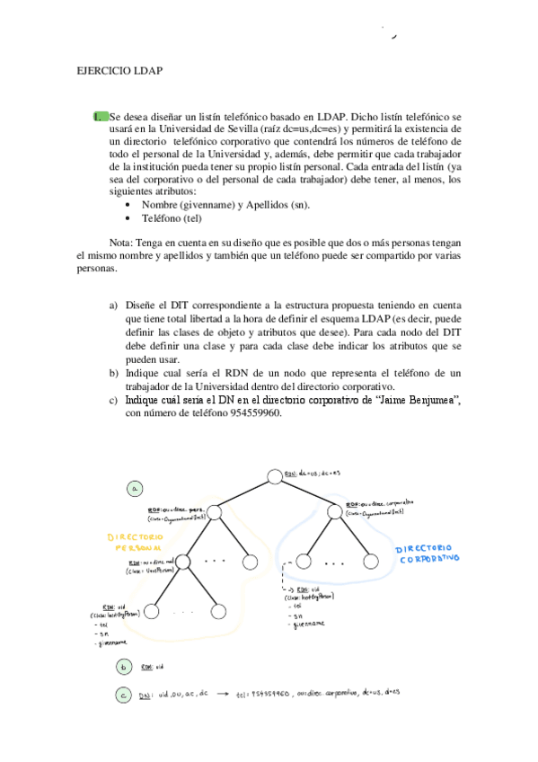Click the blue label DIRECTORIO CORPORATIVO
click(x=424, y=552)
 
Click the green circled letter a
click(x=134, y=489)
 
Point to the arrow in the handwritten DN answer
click(x=222, y=695)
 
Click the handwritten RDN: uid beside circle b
click(x=153, y=667)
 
